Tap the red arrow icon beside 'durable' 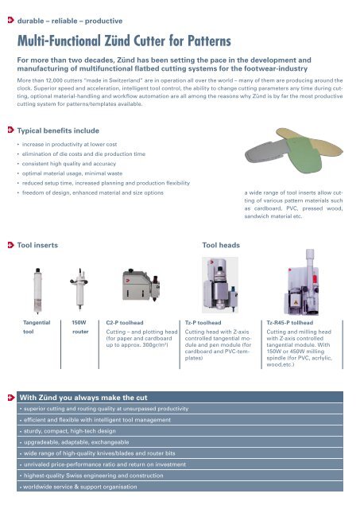tap(10, 20)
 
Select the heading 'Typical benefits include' tap(58, 130)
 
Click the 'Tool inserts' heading tap(37, 245)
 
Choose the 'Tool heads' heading tap(221, 245)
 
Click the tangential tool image tap(37, 290)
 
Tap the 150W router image tap(79, 289)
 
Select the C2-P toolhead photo tap(141, 285)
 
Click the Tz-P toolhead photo tap(220, 285)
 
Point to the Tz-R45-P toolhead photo tap(302, 282)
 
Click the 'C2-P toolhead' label tap(125, 323)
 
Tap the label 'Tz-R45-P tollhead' tap(289, 323)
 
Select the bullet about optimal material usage tap(72, 173)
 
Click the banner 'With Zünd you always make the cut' tap(83, 398)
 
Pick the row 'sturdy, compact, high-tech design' tap(69, 431)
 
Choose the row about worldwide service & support tap(80, 487)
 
